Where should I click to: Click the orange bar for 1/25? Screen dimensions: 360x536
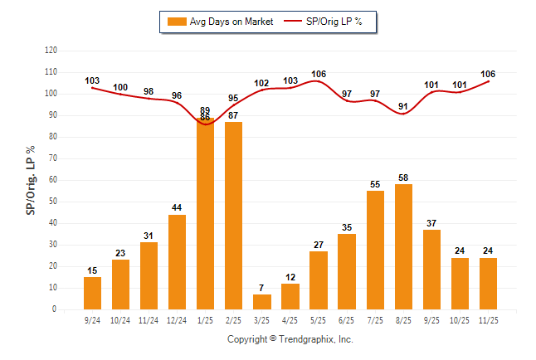205,216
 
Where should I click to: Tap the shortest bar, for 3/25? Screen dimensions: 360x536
262,301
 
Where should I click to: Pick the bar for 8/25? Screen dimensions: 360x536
403,246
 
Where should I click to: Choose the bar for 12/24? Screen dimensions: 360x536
177,261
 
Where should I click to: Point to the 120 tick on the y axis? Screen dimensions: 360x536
51,50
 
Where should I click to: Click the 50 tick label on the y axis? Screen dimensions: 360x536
52,202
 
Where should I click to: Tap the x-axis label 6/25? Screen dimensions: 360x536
347,319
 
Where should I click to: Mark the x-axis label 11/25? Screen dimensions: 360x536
488,319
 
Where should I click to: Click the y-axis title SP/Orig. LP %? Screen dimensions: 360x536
31,179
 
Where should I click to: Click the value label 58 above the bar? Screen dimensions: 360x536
403,178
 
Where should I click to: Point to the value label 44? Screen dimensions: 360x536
177,208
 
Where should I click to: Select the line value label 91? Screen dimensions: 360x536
403,106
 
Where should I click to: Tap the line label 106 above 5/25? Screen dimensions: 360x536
319,74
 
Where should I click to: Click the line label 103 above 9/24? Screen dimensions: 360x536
92,80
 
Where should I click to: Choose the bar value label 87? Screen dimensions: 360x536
233,115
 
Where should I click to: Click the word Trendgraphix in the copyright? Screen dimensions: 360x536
306,339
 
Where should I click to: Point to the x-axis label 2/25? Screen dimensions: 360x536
233,319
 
